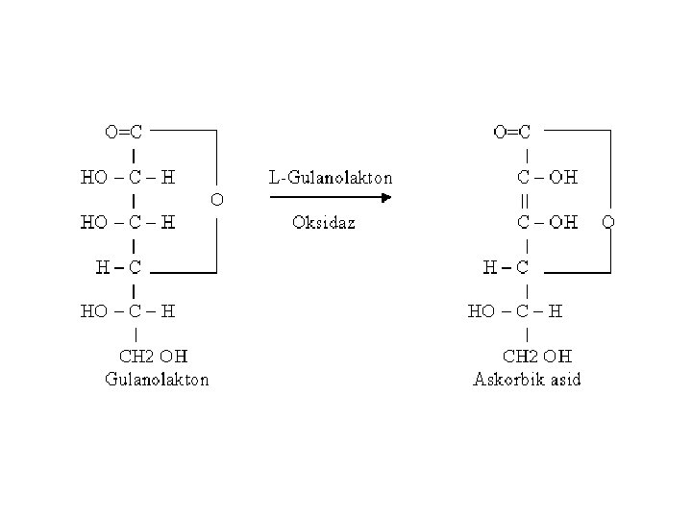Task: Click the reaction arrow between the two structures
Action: [330, 199]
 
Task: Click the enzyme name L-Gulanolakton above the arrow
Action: [330, 178]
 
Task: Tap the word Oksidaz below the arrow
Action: [324, 223]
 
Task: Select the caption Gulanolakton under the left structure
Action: [157, 379]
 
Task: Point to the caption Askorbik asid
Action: [528, 379]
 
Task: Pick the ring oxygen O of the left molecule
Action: [217, 200]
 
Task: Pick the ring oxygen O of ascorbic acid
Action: [608, 222]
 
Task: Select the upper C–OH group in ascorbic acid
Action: [548, 178]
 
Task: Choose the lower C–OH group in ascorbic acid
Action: [548, 222]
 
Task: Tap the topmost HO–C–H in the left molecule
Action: [128, 178]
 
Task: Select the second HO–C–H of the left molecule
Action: [128, 222]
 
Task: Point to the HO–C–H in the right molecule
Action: [514, 311]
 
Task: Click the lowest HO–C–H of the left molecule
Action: [128, 311]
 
